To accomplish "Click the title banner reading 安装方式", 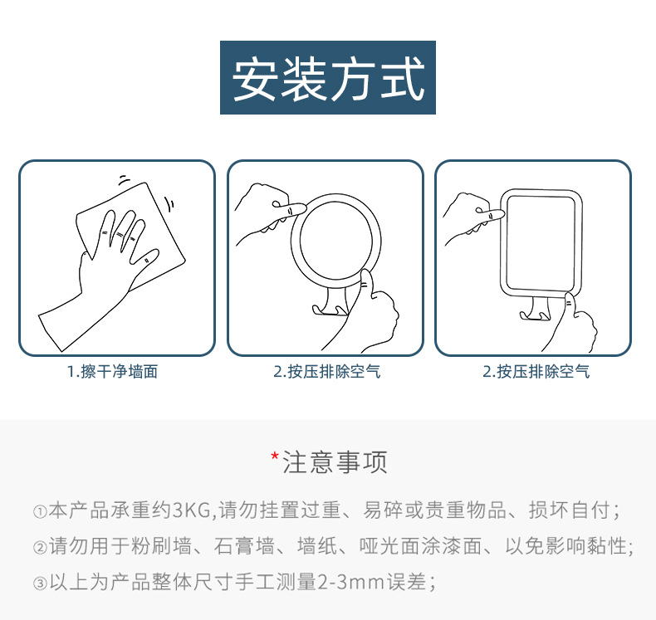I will tap(328, 78).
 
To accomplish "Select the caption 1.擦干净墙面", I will tap(112, 372).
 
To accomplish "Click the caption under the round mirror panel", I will tap(327, 372).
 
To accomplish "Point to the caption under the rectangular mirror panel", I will tap(536, 372).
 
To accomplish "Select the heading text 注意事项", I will tap(335, 462).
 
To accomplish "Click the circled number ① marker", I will tap(39, 511).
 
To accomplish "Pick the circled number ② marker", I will tap(39, 548).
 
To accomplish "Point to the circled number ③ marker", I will tap(39, 583).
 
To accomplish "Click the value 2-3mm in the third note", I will tap(345, 583).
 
